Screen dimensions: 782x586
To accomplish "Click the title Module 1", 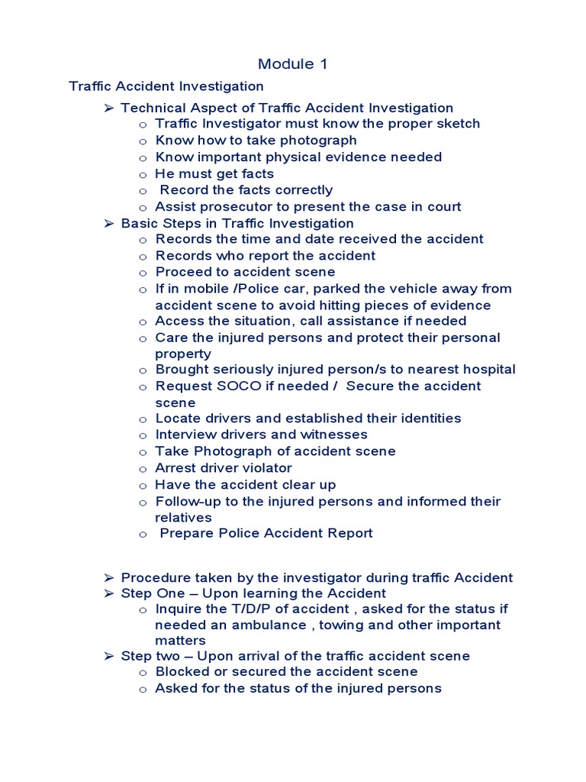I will (x=293, y=64).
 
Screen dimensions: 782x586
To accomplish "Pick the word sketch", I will (x=455, y=124).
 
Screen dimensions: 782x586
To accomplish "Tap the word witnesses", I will (x=332, y=435).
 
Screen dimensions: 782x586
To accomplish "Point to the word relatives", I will (x=183, y=518).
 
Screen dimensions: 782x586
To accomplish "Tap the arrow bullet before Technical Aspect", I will (x=108, y=108).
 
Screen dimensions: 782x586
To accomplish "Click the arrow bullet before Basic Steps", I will (x=108, y=224).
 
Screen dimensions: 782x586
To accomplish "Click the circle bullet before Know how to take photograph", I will (x=143, y=141).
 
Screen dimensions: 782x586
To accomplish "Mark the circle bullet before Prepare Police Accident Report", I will (x=143, y=535).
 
